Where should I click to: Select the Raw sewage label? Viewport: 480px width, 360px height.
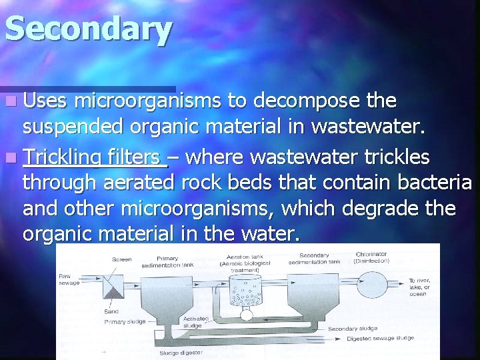tap(69, 278)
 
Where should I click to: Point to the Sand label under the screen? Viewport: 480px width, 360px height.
tap(112, 311)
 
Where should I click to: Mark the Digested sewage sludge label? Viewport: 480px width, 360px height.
tap(381, 339)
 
